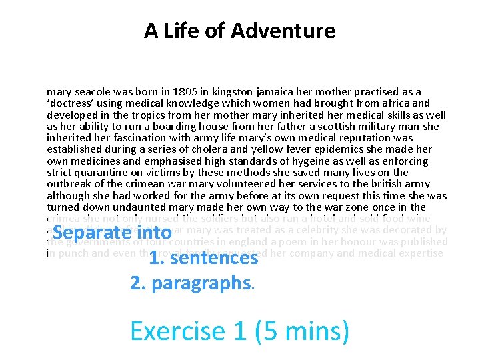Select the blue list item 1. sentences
click(x=203, y=258)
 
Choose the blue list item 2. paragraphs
click(x=191, y=283)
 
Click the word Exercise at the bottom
click(x=177, y=331)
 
